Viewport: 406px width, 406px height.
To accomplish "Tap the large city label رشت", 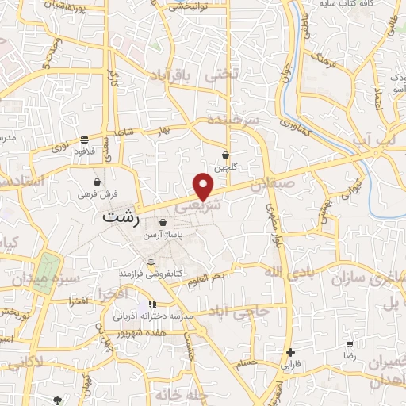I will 117,215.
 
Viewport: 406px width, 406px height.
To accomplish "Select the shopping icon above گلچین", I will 226,155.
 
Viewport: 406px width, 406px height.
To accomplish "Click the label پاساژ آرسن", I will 163,236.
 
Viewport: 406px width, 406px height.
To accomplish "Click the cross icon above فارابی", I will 291,353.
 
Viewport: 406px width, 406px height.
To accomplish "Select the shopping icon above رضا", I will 350,344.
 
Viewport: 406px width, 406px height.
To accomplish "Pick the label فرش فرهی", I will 98,193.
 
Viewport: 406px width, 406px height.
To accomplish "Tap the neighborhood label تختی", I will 222,77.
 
